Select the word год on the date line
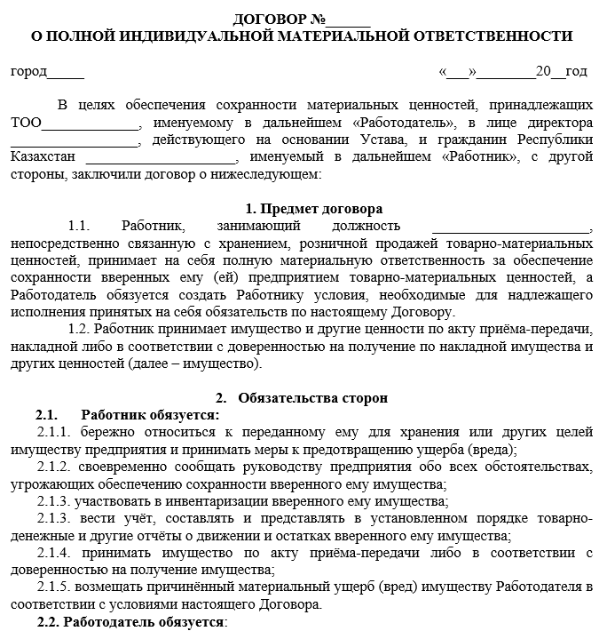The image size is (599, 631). click(x=576, y=71)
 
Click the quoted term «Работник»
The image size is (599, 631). click(x=479, y=157)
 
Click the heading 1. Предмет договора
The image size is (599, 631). click(x=314, y=209)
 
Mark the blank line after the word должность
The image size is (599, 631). click(x=504, y=227)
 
